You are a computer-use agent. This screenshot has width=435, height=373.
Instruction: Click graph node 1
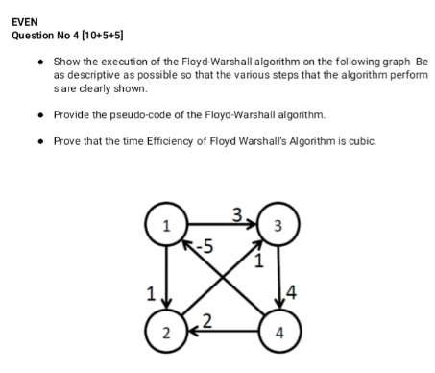[167, 228]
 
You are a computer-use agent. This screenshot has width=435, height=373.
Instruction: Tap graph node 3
[278, 228]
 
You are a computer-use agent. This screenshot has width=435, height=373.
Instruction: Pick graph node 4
[278, 334]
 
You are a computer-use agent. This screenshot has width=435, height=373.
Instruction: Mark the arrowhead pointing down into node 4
[278, 308]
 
